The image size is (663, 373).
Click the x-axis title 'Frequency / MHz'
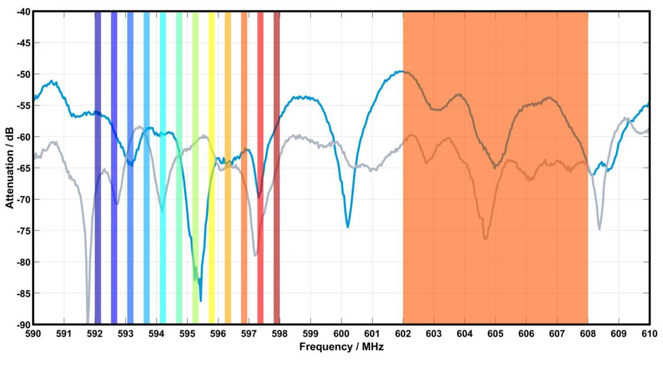point(341,347)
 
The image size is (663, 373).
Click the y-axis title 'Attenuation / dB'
point(10,168)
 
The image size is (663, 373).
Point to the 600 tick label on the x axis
point(341,334)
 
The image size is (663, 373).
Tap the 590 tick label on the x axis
point(33,334)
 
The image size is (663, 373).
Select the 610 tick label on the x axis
point(649,334)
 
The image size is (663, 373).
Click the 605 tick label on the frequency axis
point(495,334)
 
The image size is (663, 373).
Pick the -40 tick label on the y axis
point(23,12)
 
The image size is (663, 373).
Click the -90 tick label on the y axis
point(23,325)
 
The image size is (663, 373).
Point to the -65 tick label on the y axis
point(23,168)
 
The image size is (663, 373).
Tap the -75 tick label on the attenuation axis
point(23,231)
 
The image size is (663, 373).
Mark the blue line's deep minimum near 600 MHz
point(348,227)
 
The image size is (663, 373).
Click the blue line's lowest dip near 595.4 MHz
point(201,301)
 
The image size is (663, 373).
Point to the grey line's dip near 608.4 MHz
point(599,228)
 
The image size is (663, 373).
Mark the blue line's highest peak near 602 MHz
point(400,71)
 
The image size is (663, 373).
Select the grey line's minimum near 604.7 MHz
point(485,239)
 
